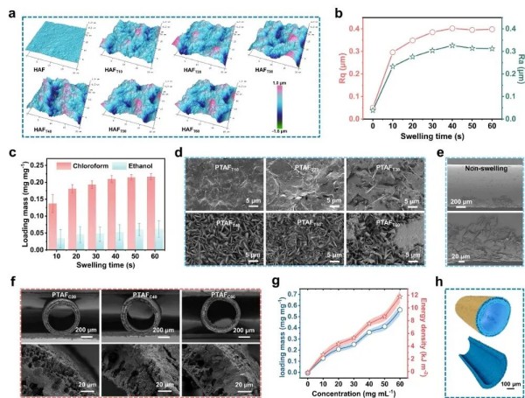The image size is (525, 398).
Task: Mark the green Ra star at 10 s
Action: [393, 66]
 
